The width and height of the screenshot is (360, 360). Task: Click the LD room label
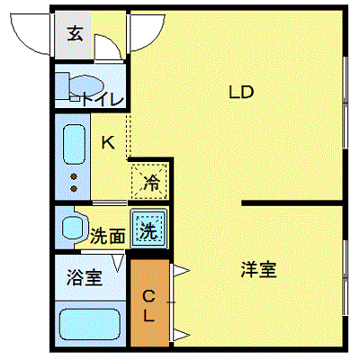(241, 92)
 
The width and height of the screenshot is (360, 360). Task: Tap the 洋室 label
(258, 269)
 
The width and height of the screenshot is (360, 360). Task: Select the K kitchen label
(108, 142)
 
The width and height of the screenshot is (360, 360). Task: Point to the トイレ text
(103, 99)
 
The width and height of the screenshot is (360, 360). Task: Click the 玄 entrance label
(75, 33)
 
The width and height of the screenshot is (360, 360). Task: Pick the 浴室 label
(85, 277)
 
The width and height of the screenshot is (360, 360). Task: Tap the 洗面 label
(108, 236)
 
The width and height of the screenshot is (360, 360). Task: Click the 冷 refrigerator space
(149, 181)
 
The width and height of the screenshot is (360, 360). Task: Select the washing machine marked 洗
(148, 229)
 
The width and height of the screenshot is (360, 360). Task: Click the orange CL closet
(149, 303)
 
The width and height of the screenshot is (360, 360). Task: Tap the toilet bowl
(86, 85)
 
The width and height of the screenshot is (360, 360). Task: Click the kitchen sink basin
(74, 144)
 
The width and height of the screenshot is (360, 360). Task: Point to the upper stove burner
(74, 177)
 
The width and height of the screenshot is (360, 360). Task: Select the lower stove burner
(74, 189)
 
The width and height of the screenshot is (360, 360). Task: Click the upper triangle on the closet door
(181, 271)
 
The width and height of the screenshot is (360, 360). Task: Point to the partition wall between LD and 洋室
(292, 203)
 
